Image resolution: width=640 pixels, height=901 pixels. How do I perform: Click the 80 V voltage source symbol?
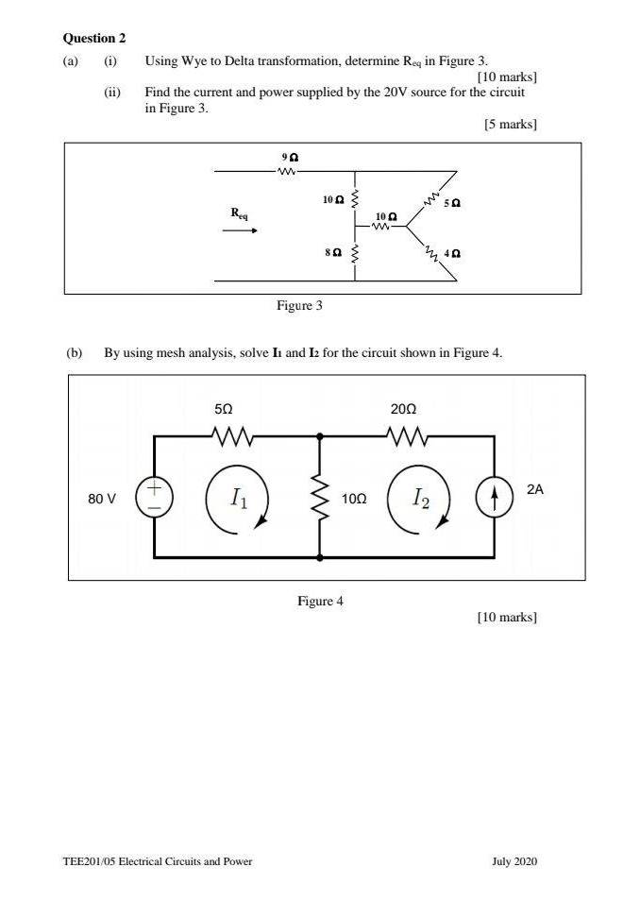[x=154, y=497]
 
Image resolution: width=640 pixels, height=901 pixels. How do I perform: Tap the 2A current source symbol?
[x=494, y=498]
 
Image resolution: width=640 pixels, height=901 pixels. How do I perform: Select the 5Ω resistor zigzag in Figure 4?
[x=232, y=436]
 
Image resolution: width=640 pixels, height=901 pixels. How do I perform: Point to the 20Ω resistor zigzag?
[x=408, y=436]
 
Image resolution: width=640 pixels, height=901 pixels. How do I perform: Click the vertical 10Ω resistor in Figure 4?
[x=320, y=497]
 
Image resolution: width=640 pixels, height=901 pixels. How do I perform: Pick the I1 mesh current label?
[x=239, y=498]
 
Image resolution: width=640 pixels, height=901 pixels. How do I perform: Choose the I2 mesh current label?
[x=421, y=498]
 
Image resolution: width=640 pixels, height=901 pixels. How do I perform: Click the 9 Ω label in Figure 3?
[x=290, y=157]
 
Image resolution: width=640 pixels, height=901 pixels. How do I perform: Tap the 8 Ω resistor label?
[x=333, y=252]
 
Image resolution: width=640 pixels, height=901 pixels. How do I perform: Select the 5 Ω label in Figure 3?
[x=452, y=203]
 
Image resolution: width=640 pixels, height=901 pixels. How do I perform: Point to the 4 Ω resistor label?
[x=452, y=253]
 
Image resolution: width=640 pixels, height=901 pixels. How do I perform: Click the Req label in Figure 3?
[x=239, y=213]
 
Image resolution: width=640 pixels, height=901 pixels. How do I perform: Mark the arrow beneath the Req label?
[x=240, y=230]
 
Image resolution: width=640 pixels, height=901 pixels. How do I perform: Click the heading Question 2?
[x=94, y=39]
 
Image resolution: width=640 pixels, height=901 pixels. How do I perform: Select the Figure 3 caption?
[x=299, y=305]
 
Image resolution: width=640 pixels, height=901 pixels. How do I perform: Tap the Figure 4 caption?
[x=320, y=601]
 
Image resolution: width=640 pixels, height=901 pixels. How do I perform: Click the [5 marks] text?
[x=510, y=124]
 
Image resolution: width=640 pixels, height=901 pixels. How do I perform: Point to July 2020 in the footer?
[x=514, y=861]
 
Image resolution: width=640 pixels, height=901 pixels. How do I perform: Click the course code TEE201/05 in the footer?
[x=89, y=861]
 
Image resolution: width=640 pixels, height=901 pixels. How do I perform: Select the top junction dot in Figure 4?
[x=320, y=436]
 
